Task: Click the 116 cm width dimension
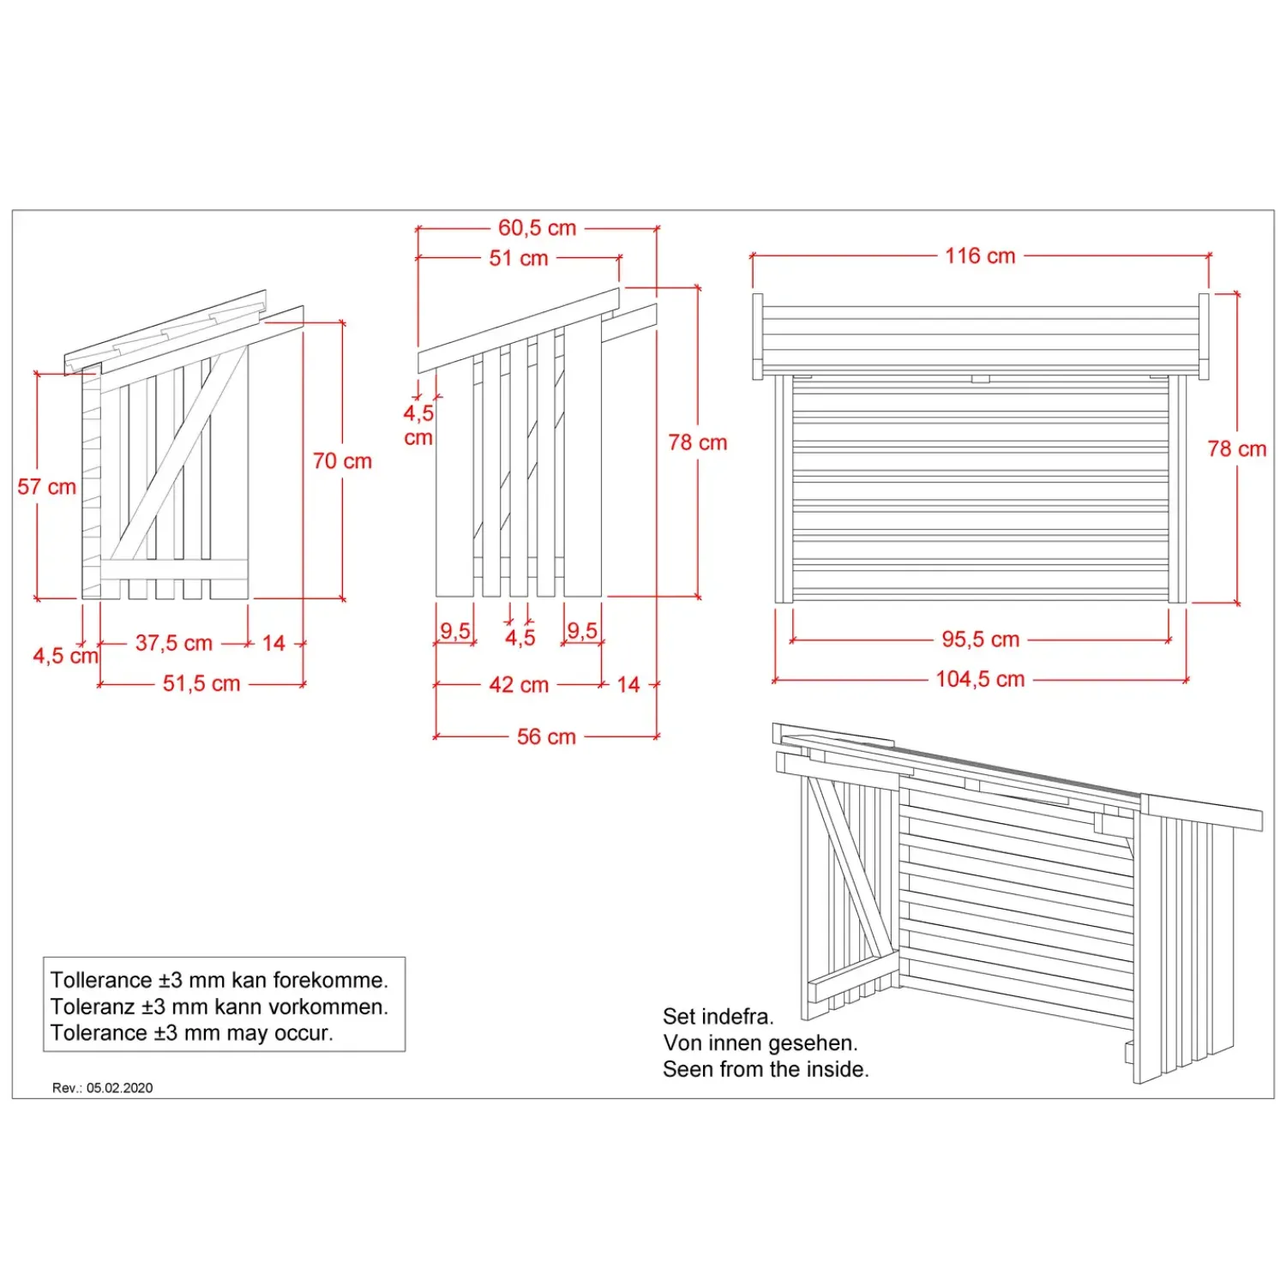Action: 980,255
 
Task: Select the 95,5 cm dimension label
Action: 981,640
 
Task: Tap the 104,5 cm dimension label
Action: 981,679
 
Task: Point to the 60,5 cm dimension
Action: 538,228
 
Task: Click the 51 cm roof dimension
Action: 519,258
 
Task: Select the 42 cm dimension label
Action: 519,685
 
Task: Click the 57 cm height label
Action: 47,487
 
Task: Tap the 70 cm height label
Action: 342,461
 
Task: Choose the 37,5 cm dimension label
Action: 174,643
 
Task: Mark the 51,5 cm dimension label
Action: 201,683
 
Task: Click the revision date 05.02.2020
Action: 119,1088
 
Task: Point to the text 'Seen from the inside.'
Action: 766,1069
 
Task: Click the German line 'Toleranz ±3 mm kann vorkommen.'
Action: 219,1007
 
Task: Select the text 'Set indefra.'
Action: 718,1017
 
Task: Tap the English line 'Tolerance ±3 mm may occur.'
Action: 192,1033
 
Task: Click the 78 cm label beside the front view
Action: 1237,449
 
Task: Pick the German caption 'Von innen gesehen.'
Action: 760,1043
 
